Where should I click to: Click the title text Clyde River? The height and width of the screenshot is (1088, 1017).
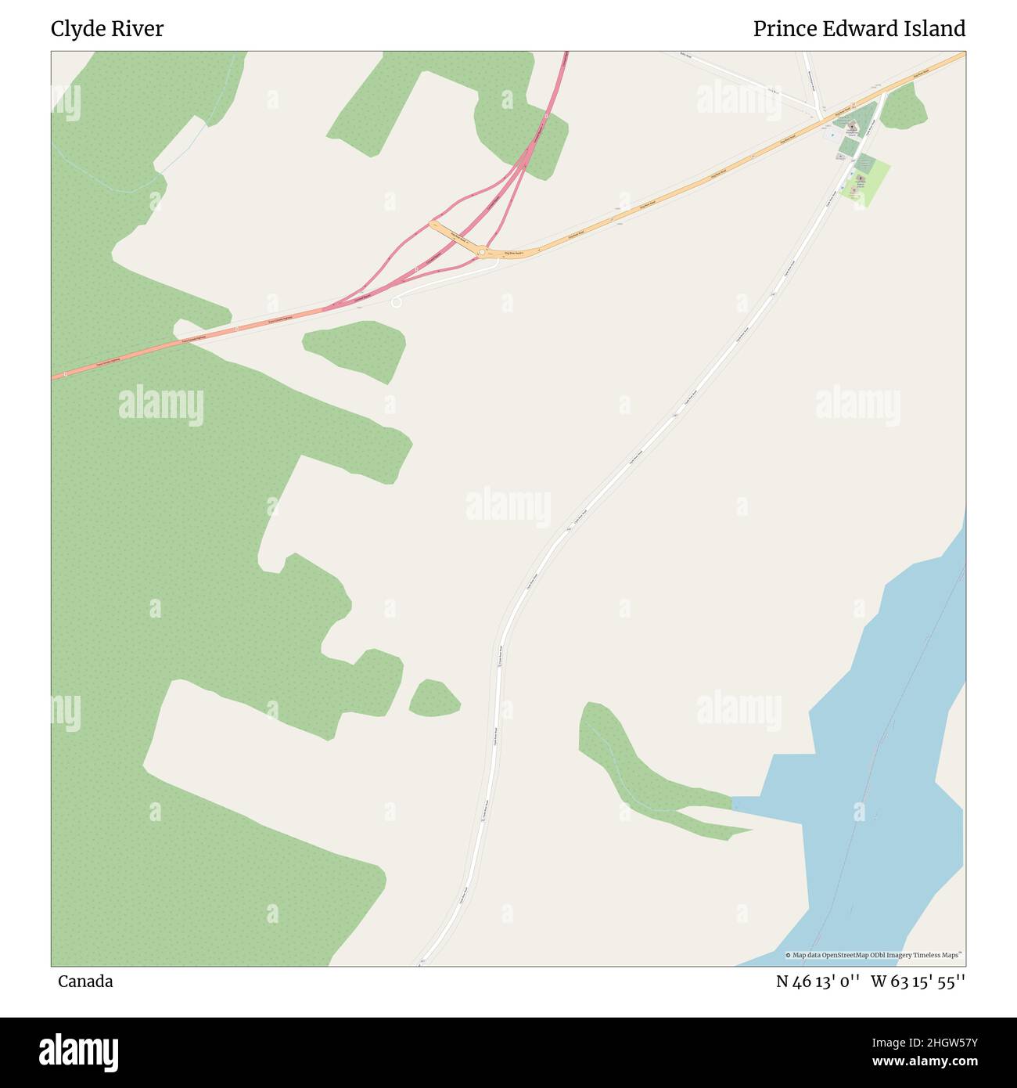click(107, 29)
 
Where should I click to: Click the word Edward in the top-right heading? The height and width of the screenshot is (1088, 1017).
click(860, 29)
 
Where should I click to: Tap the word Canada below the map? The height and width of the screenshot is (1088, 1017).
click(85, 982)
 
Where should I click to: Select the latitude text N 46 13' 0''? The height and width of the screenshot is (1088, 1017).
click(818, 982)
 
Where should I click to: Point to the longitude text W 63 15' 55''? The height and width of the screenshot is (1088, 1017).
click(918, 982)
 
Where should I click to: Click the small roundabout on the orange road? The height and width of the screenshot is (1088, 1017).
click(483, 252)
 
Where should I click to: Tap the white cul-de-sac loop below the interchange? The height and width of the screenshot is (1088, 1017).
click(396, 302)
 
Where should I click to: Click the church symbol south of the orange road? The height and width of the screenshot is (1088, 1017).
click(860, 180)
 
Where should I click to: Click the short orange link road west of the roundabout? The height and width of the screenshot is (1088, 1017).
click(454, 236)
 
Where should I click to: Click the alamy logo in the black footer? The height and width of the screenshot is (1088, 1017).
click(79, 1051)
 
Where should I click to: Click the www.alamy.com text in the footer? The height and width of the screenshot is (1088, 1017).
click(925, 1062)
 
